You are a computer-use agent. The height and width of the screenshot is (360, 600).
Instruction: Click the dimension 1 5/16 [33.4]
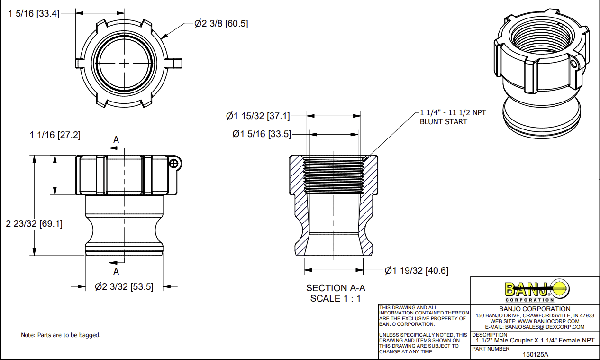click(x=34, y=14)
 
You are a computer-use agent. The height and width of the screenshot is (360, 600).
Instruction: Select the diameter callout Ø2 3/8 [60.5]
click(x=221, y=23)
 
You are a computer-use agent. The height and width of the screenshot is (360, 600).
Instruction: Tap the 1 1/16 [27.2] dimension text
click(x=55, y=135)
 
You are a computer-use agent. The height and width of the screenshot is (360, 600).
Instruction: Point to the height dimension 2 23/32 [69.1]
click(x=34, y=223)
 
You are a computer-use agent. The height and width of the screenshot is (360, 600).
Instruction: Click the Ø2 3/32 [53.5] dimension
click(x=124, y=286)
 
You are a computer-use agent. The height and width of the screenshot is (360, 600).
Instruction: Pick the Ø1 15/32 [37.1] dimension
click(x=258, y=115)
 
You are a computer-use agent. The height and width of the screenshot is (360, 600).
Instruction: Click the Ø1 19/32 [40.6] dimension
click(x=416, y=271)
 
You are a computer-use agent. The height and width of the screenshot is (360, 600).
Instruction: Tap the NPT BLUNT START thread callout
click(x=453, y=117)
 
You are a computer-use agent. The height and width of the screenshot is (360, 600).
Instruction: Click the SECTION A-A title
click(x=336, y=288)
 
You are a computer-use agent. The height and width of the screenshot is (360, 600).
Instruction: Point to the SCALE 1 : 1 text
click(x=336, y=298)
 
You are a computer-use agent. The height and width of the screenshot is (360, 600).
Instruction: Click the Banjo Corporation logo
click(x=536, y=290)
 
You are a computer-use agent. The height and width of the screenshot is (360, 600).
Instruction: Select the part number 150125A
click(x=535, y=354)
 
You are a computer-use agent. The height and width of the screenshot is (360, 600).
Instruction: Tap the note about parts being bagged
click(x=61, y=335)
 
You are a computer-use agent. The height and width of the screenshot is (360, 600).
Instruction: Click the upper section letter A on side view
click(x=116, y=139)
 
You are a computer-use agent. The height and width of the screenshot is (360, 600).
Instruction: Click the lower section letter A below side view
click(x=116, y=272)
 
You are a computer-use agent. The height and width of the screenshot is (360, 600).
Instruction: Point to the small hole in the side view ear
click(x=174, y=163)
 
